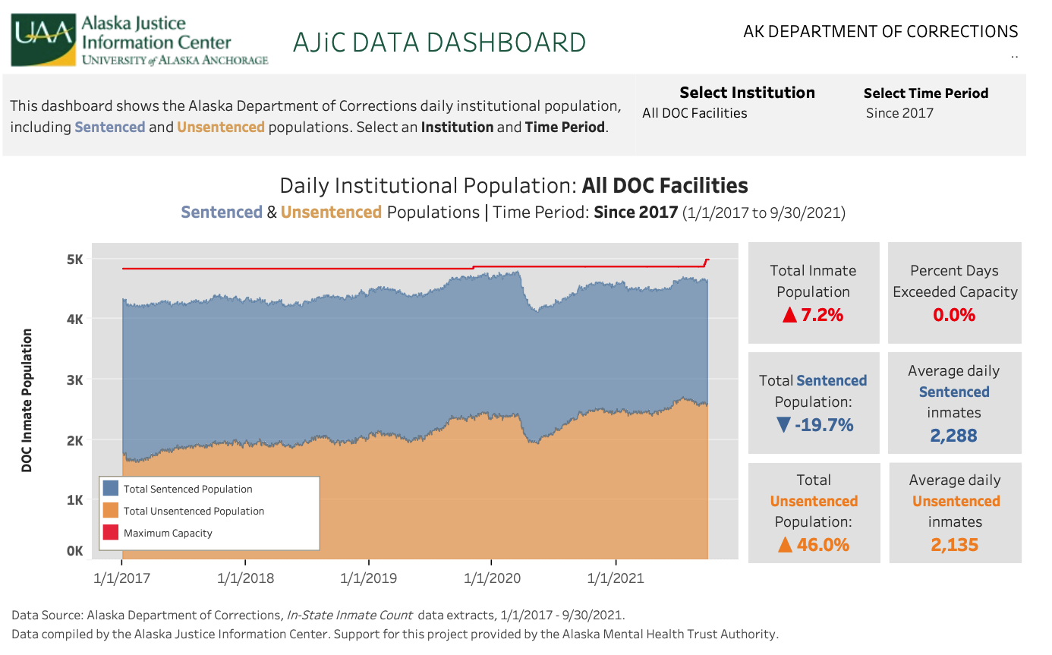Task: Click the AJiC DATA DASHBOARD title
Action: pyautogui.click(x=439, y=43)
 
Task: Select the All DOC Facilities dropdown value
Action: pyautogui.click(x=695, y=113)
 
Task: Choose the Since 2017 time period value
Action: pyautogui.click(x=899, y=113)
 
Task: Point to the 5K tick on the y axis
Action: pyautogui.click(x=74, y=260)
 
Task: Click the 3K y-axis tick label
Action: pyautogui.click(x=74, y=379)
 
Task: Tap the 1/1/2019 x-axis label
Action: pyautogui.click(x=369, y=578)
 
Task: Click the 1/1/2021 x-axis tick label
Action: pyautogui.click(x=616, y=578)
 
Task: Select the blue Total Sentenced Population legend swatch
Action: pyautogui.click(x=111, y=489)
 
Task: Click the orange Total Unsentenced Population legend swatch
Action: pyautogui.click(x=111, y=511)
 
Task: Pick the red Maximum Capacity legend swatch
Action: pyautogui.click(x=111, y=533)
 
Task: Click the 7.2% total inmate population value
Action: pyautogui.click(x=813, y=314)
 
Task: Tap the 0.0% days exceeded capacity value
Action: pyautogui.click(x=954, y=314)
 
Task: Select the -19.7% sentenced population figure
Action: pyautogui.click(x=813, y=424)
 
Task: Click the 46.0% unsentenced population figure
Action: pyautogui.click(x=813, y=544)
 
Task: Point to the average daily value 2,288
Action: pyautogui.click(x=954, y=436)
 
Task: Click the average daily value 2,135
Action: pyautogui.click(x=954, y=545)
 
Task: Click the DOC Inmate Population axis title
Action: pyautogui.click(x=27, y=400)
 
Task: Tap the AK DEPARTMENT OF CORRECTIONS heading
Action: pyautogui.click(x=880, y=32)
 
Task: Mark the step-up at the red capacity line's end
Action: pyautogui.click(x=706, y=263)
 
